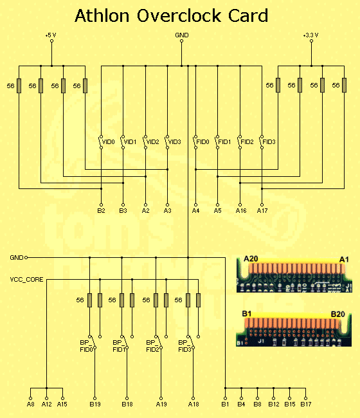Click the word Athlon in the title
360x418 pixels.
coord(102,15)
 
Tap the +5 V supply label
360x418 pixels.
coord(51,35)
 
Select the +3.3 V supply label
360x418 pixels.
coord(310,35)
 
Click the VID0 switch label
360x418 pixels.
coord(109,142)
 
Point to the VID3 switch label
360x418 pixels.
coord(175,142)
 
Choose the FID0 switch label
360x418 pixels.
coord(203,142)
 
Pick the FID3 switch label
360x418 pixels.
coord(269,142)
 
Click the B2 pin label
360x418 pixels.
coord(101,211)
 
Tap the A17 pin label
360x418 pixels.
coord(262,211)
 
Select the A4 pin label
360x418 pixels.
coord(195,211)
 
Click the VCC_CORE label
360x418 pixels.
coord(26,280)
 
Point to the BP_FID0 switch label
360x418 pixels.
coord(86,346)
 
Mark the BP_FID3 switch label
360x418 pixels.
coord(184,346)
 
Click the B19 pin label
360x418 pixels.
coord(95,404)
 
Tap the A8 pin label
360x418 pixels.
coord(31,404)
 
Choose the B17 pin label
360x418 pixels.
coord(306,404)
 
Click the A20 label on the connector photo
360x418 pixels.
coord(251,259)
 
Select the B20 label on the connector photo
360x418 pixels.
coord(338,314)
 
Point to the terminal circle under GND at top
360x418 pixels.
coord(181,41)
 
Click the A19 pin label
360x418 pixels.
coord(161,404)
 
